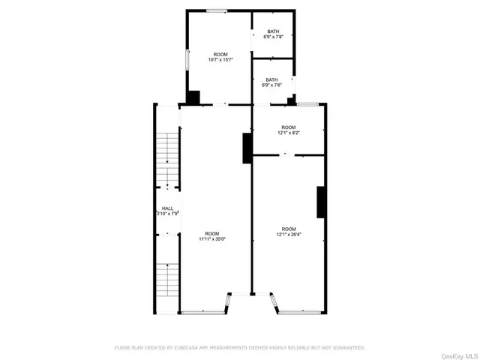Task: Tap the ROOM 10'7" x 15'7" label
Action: pyautogui.click(x=220, y=56)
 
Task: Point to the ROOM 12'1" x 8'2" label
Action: pyautogui.click(x=288, y=130)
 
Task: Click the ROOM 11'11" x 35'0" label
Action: pyautogui.click(x=212, y=235)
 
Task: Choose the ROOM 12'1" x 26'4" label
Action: pyautogui.click(x=289, y=231)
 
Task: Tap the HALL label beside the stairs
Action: pyautogui.click(x=168, y=211)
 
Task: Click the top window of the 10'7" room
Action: pyautogui.click(x=217, y=10)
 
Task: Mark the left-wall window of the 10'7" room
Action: pyautogui.click(x=187, y=59)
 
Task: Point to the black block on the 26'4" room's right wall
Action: pyautogui.click(x=321, y=202)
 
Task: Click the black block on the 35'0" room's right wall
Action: pyautogui.click(x=246, y=148)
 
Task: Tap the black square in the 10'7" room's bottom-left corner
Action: pyautogui.click(x=193, y=97)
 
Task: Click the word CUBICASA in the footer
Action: pyautogui.click(x=191, y=347)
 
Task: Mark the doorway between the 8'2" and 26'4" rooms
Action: pyautogui.click(x=285, y=155)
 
